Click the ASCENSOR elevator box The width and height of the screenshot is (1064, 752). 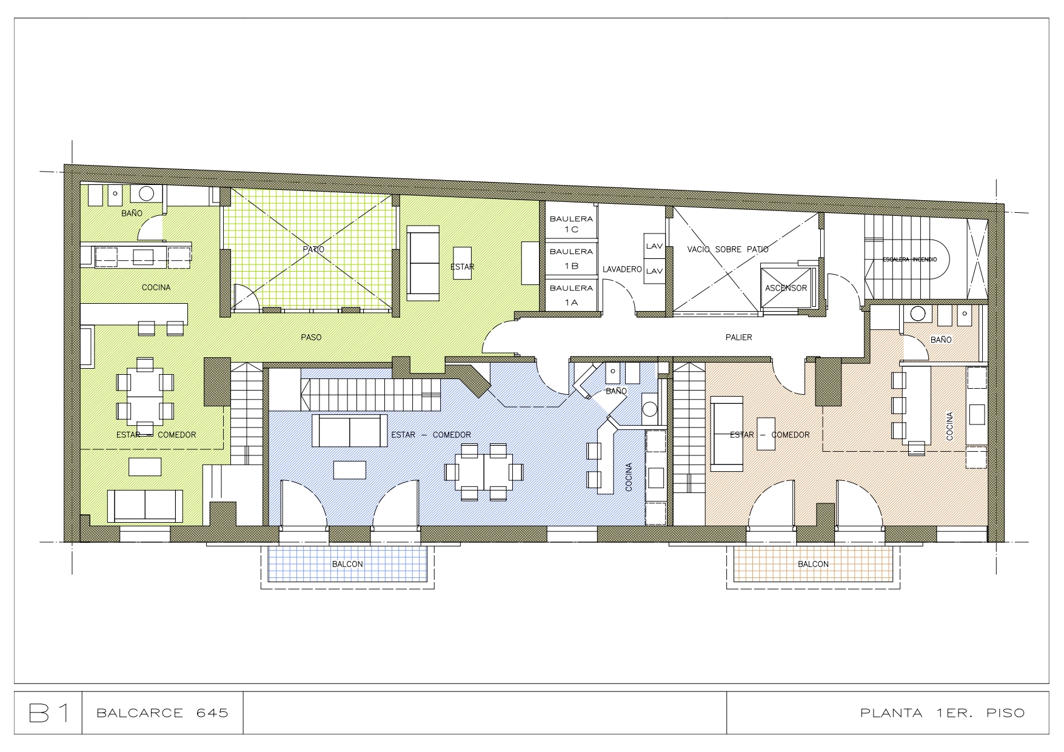786,287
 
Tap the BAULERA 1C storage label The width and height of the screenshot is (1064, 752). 571,224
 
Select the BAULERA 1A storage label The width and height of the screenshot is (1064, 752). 571,295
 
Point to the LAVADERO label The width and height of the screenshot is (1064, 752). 622,269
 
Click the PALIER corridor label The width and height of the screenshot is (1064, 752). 738,337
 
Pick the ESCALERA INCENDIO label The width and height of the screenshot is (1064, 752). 909,259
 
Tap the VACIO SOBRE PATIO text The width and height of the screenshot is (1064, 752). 728,249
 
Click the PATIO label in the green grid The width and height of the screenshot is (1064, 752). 314,249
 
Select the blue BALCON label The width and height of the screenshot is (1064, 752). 347,564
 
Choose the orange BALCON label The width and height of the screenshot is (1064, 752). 813,564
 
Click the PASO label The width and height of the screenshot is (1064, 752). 311,337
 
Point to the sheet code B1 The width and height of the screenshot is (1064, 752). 49,713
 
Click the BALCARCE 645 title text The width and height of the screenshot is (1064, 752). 162,713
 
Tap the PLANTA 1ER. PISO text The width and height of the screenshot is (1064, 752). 942,713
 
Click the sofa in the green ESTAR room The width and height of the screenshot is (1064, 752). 423,263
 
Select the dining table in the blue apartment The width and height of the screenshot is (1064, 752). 484,471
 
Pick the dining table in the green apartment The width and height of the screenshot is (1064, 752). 145,395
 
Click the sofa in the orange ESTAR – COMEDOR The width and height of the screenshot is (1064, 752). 727,434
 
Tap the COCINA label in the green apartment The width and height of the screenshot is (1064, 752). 156,287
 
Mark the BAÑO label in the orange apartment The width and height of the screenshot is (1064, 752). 941,340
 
